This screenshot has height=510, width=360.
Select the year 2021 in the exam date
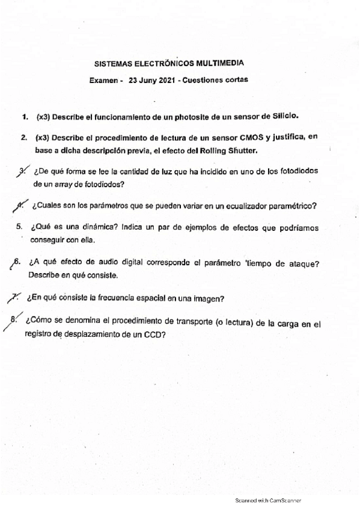pyautogui.click(x=168, y=79)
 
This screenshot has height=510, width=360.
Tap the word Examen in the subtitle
pyautogui.click(x=105, y=79)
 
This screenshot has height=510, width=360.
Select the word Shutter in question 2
pyautogui.click(x=243, y=150)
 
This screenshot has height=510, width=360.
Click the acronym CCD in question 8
pyautogui.click(x=154, y=335)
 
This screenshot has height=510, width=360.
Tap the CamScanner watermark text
pyautogui.click(x=267, y=500)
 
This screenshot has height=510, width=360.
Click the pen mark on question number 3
pyautogui.click(x=22, y=170)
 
